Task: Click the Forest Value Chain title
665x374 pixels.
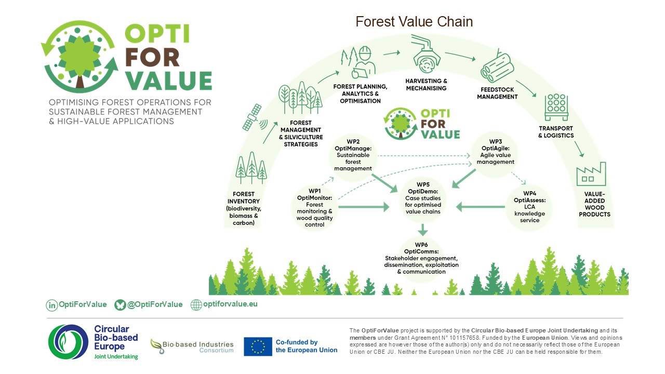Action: point(414,22)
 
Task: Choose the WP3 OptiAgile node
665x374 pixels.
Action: point(495,152)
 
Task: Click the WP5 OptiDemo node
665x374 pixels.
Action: point(423,198)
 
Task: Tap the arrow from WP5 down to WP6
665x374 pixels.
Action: point(423,229)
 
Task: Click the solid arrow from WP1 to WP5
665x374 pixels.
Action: point(364,207)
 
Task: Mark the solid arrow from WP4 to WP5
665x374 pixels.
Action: point(481,208)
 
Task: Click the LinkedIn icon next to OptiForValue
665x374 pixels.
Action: point(52,305)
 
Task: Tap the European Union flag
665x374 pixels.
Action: point(258,346)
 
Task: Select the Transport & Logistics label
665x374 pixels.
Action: point(555,132)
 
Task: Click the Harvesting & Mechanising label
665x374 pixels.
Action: point(426,85)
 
